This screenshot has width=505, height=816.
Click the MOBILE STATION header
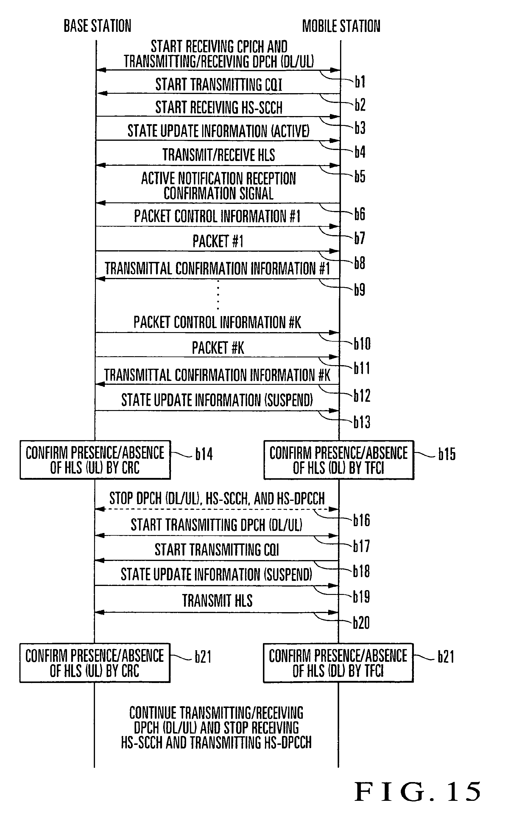pyautogui.click(x=341, y=26)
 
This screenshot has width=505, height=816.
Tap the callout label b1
pyautogui.click(x=360, y=82)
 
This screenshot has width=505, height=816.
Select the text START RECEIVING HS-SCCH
pyautogui.click(x=219, y=107)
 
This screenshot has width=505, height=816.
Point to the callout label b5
pyautogui.click(x=360, y=176)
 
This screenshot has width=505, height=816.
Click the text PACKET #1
pyautogui.click(x=218, y=241)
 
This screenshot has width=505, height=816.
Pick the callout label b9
pyautogui.click(x=359, y=289)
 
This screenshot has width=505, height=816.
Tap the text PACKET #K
pyautogui.click(x=218, y=348)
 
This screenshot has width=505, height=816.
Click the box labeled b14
pyautogui.click(x=95, y=460)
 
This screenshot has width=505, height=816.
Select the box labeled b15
pyautogui.click(x=339, y=460)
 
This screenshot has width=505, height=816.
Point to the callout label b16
pyautogui.click(x=361, y=520)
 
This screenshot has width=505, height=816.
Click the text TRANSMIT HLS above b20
pyautogui.click(x=217, y=601)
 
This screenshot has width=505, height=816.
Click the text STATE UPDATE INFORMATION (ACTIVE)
pyautogui.click(x=219, y=131)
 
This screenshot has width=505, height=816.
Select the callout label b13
pyautogui.click(x=362, y=422)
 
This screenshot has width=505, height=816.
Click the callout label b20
pyautogui.click(x=361, y=623)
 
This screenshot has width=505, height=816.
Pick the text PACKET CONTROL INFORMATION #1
pyautogui.click(x=217, y=216)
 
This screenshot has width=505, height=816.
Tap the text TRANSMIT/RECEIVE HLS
pyautogui.click(x=219, y=155)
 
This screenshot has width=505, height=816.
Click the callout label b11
pyautogui.click(x=362, y=368)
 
